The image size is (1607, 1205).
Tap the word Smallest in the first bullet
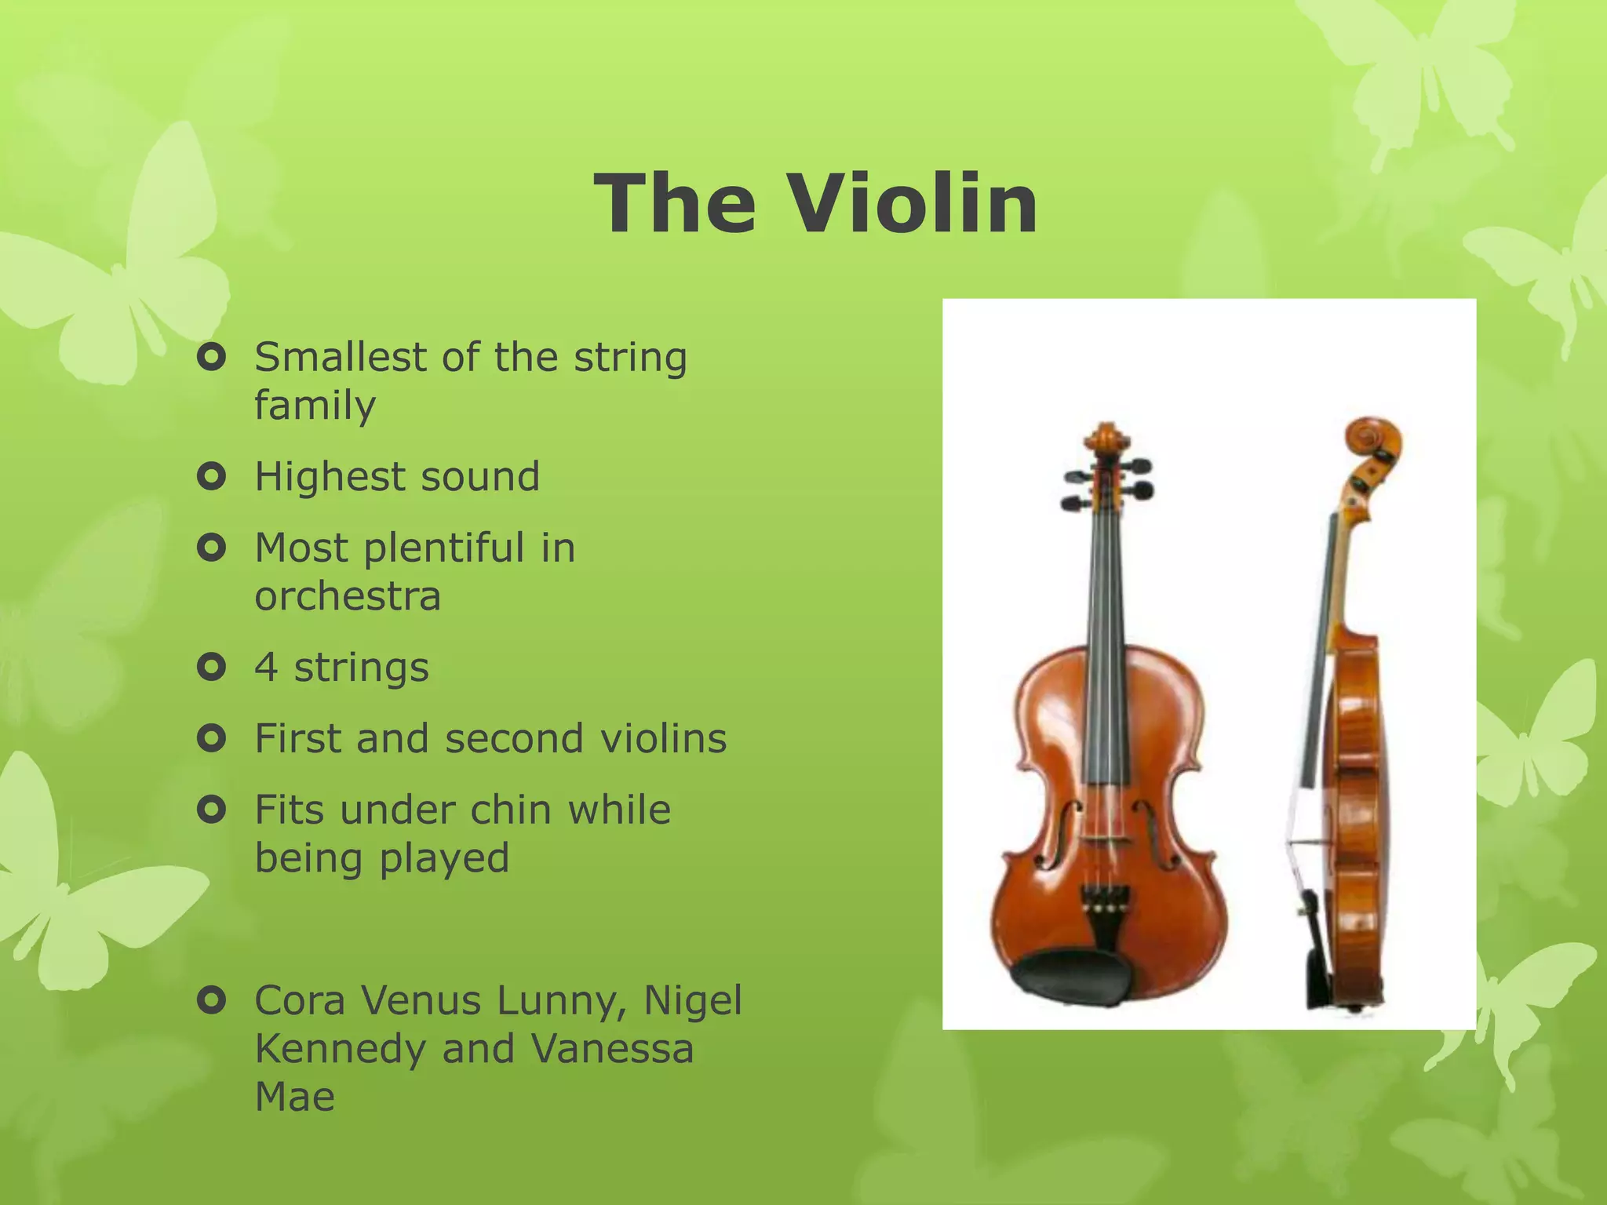[x=340, y=357]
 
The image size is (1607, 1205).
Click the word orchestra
[x=348, y=596]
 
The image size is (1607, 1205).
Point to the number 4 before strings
[x=266, y=668]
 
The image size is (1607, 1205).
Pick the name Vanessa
[x=612, y=1049]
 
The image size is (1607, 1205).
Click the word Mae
[x=295, y=1097]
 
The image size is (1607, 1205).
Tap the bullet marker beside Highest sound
[x=212, y=476]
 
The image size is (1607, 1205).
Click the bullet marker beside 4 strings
[x=212, y=667]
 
